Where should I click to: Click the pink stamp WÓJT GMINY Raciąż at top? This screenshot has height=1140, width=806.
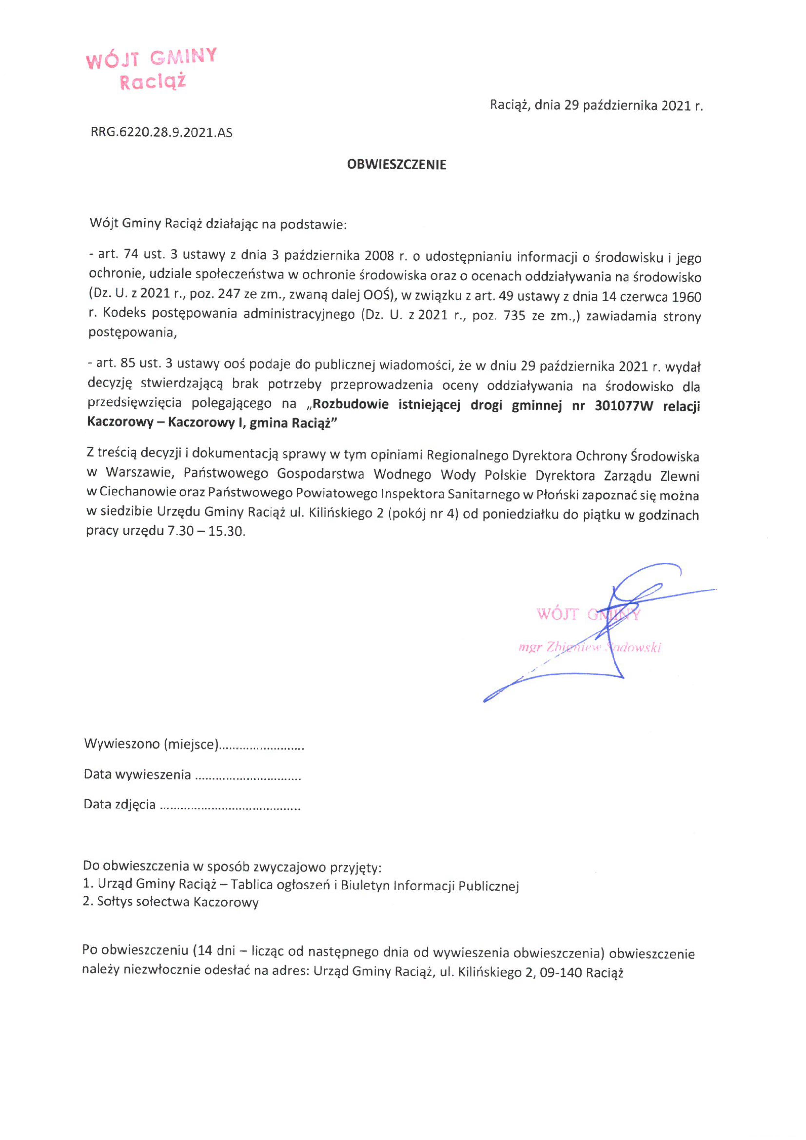click(x=152, y=69)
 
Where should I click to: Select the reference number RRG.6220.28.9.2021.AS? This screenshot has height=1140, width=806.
click(x=161, y=132)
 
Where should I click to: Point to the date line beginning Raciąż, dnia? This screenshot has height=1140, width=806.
click(x=596, y=105)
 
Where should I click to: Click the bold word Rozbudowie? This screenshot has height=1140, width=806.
click(x=350, y=405)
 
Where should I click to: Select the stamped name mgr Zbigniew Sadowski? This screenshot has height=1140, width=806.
click(x=589, y=647)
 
